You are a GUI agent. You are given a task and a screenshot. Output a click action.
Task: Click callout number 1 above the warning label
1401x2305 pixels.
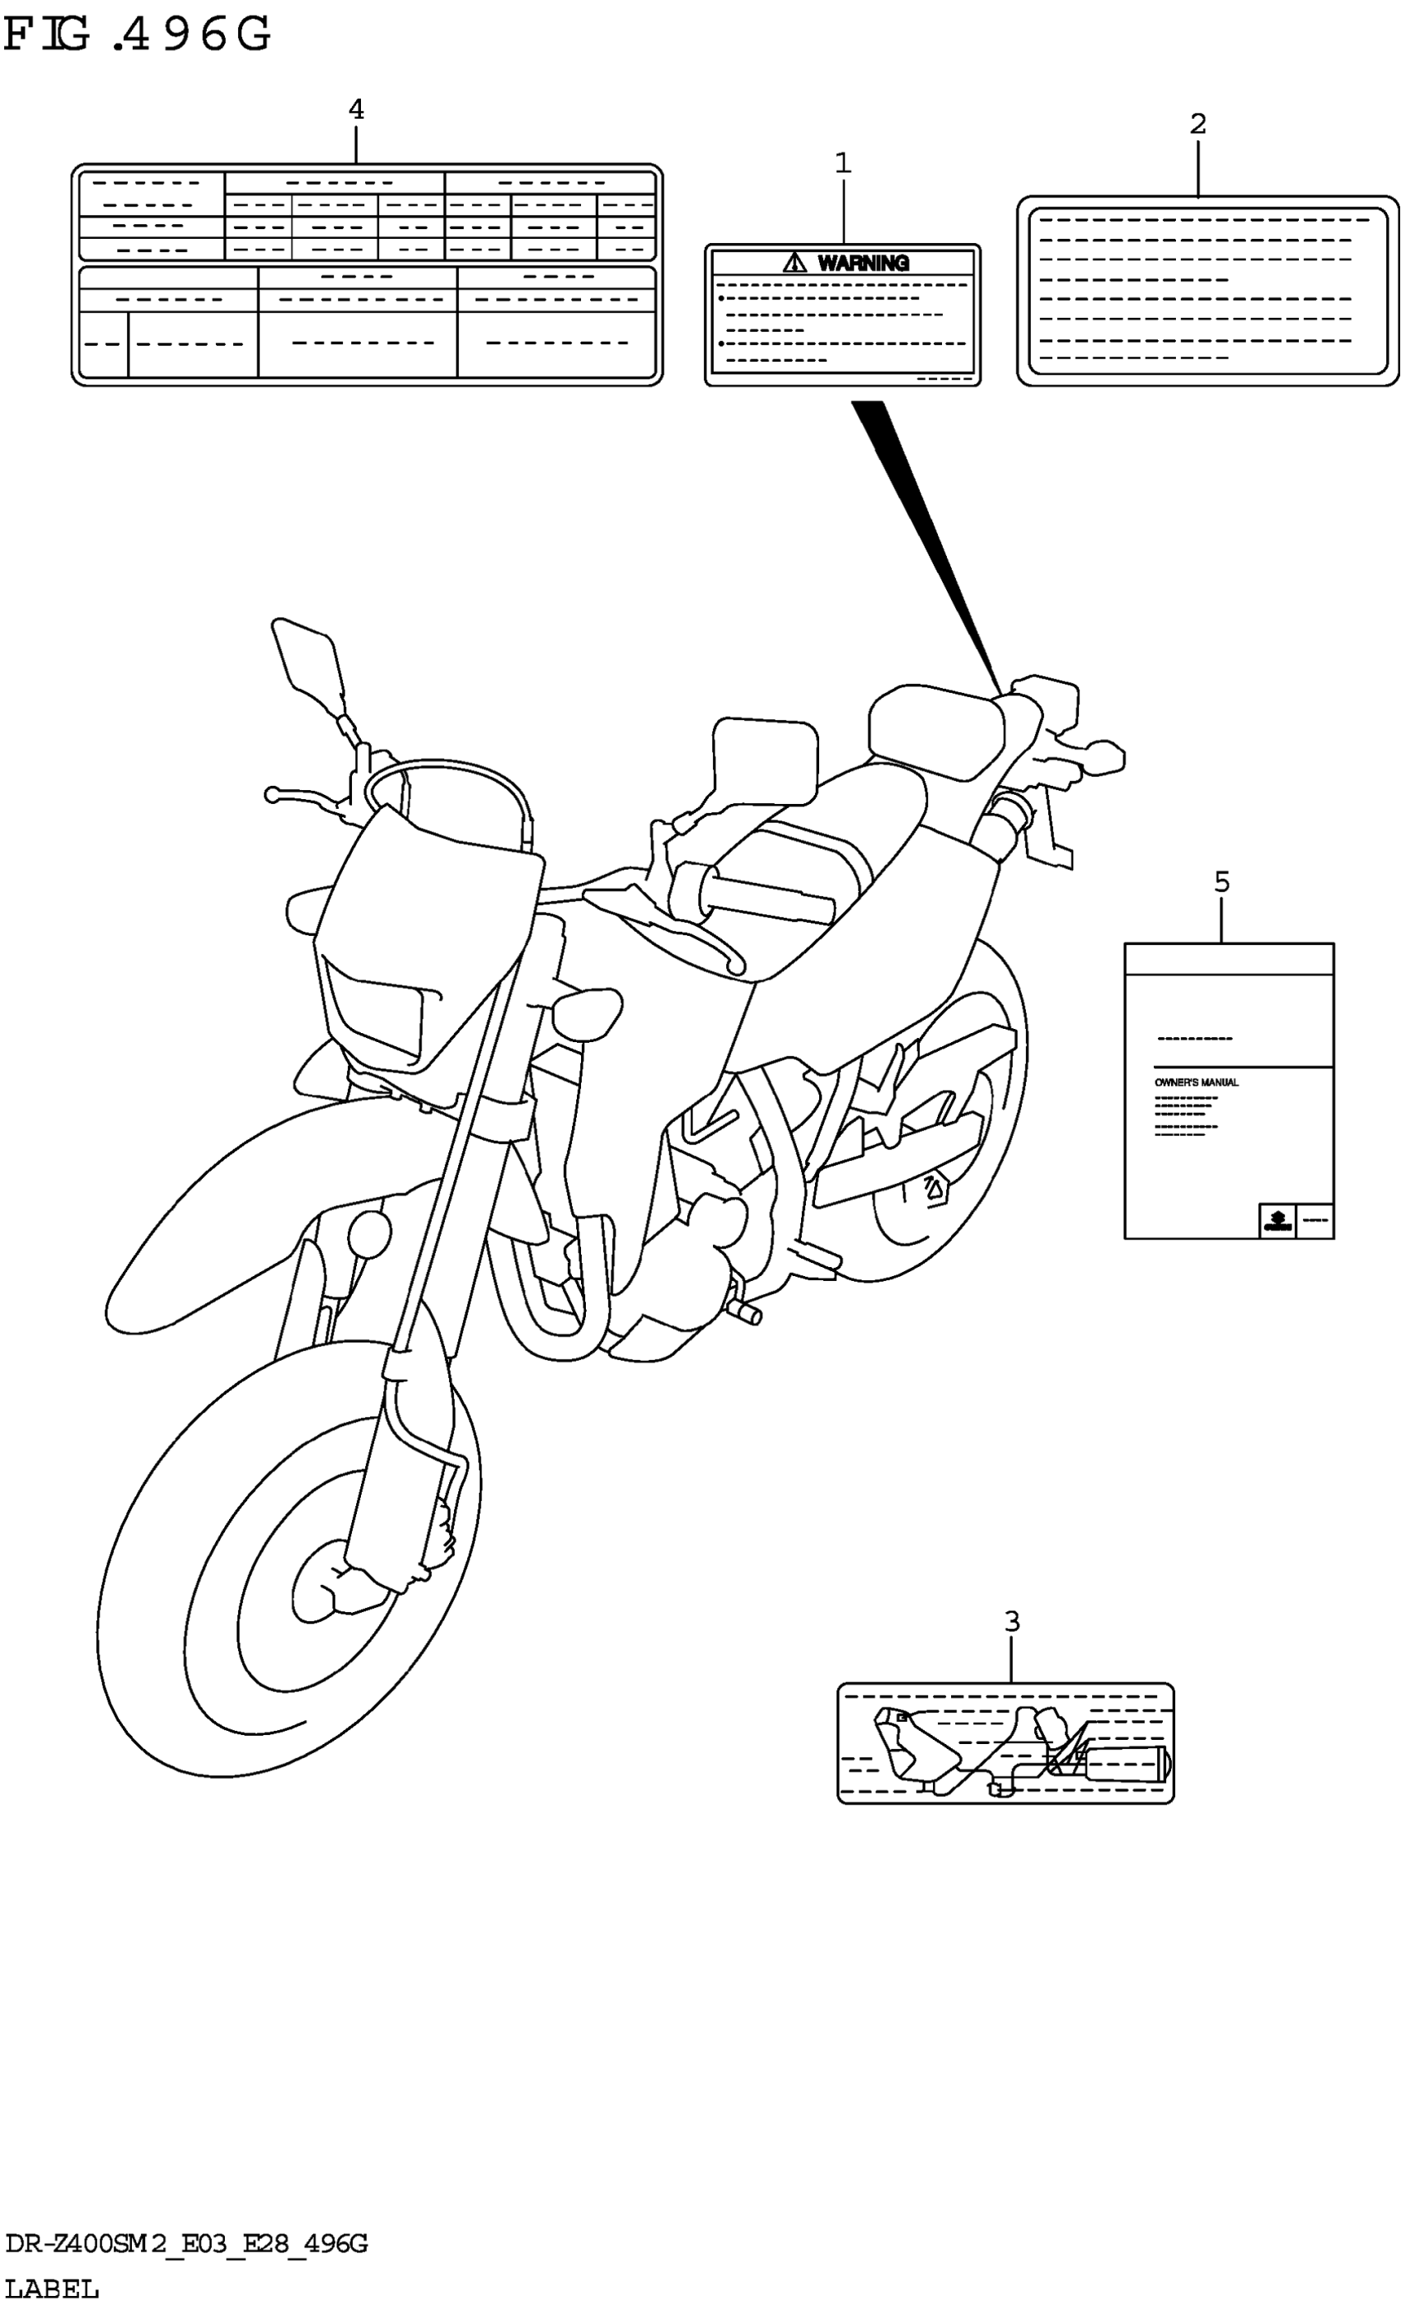[x=842, y=164]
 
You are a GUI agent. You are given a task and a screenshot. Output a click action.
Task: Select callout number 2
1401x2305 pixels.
[x=1197, y=124]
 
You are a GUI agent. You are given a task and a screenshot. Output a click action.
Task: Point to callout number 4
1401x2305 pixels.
[x=356, y=110]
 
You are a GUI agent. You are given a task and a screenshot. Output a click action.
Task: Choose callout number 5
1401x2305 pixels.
[x=1221, y=881]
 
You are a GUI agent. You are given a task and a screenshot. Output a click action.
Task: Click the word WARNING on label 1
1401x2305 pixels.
[x=863, y=264]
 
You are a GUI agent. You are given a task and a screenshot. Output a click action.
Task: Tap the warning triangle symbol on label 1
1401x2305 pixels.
[x=794, y=263]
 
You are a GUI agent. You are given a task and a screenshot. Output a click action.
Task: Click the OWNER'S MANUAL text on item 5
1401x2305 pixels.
[x=1195, y=1082]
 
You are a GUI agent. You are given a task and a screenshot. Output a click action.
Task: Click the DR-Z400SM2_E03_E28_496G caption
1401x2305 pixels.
[x=186, y=2243]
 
